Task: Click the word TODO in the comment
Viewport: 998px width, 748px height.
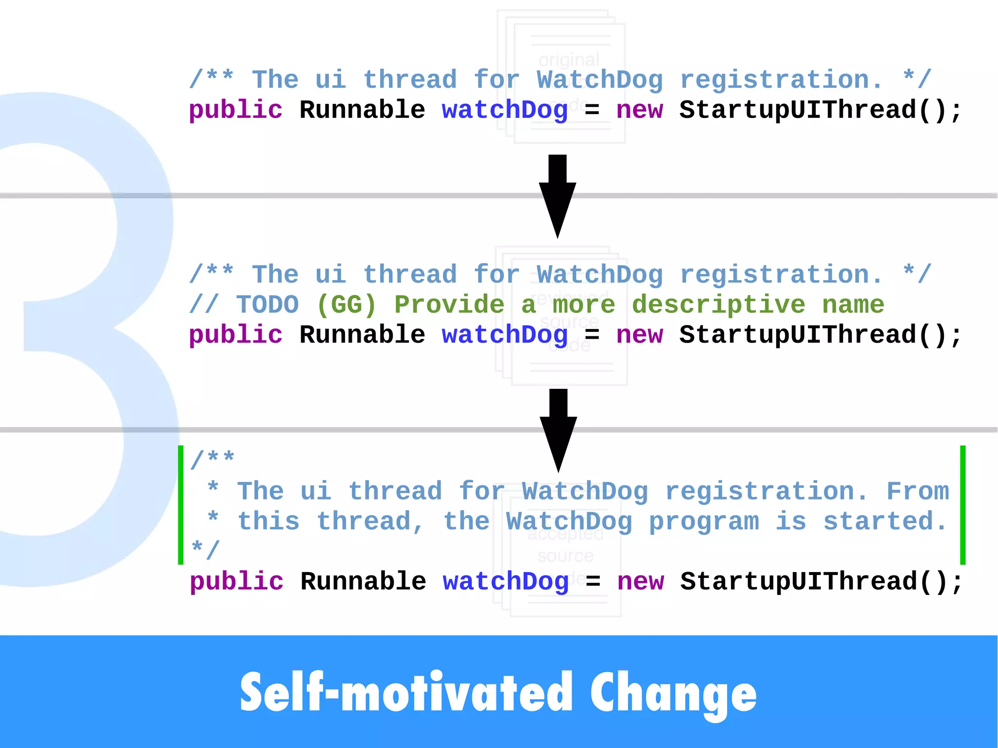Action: (268, 305)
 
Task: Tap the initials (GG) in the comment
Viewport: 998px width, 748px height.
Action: (346, 305)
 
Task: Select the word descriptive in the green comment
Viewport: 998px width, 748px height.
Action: (718, 305)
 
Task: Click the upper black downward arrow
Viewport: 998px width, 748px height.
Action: (557, 195)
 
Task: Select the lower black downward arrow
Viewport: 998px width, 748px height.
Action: (558, 429)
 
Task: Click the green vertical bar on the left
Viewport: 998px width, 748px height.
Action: (181, 505)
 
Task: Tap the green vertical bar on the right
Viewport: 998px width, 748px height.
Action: (963, 505)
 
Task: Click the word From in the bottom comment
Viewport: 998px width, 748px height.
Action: (918, 491)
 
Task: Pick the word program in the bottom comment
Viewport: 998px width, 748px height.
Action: (704, 522)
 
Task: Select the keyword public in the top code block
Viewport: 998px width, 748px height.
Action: (235, 111)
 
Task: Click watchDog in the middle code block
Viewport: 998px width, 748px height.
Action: (505, 335)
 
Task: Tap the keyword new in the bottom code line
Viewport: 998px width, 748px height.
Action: (640, 582)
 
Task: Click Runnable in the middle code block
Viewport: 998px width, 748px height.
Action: (362, 335)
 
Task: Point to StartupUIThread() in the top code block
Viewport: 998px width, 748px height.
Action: (820, 110)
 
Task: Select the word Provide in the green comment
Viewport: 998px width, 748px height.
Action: (449, 305)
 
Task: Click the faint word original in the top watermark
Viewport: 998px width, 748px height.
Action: (569, 60)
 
